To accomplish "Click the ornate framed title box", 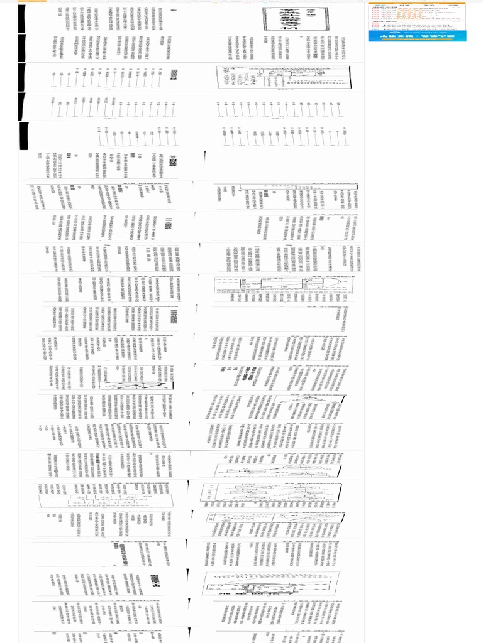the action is coord(296,19).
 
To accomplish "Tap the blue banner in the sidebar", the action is coord(418,32).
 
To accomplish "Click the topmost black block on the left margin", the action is coord(22,18).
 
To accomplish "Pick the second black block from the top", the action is coord(22,47).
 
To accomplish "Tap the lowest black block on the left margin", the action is coord(25,136).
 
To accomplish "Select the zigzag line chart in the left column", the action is coord(135,377).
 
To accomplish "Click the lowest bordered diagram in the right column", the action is coord(270,583).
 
